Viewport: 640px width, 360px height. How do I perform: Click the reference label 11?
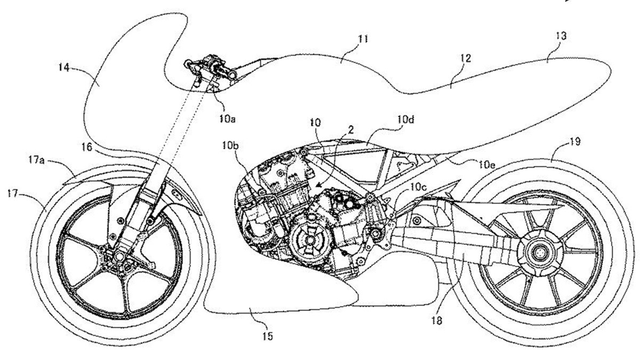[364, 39]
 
